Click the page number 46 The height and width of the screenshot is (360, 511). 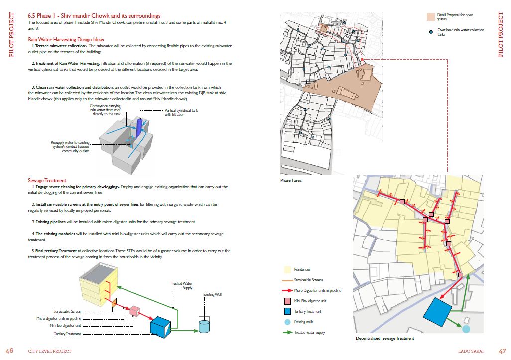pos(9,351)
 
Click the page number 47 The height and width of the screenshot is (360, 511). pos(502,351)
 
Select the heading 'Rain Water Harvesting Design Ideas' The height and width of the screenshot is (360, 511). pos(66,39)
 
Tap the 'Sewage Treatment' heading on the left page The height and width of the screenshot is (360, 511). pos(47,180)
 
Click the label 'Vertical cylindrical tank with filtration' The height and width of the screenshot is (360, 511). pos(181,112)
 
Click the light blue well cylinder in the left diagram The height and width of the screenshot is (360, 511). pos(205,325)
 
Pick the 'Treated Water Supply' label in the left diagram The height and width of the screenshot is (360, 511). pos(182,286)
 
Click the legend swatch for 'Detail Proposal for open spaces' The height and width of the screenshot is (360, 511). pos(431,17)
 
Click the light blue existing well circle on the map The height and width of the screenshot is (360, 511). pos(466,329)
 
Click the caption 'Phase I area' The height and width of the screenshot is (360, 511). pos(291,180)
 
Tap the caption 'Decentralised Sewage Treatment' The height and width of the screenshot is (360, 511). pos(384,338)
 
